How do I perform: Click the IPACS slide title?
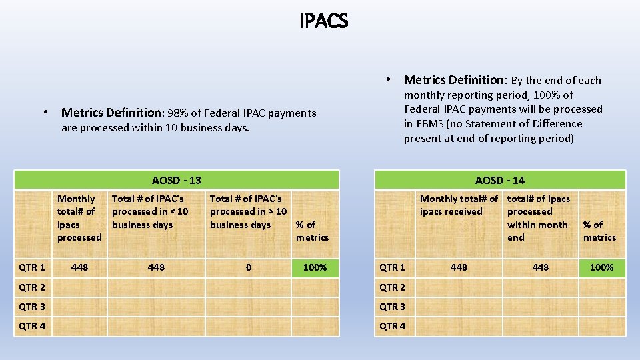pyautogui.click(x=323, y=21)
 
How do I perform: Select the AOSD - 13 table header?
pyautogui.click(x=177, y=180)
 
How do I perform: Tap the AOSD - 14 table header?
pyautogui.click(x=500, y=180)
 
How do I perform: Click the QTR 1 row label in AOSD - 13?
pyautogui.click(x=32, y=267)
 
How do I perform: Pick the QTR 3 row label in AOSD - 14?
pyautogui.click(x=392, y=307)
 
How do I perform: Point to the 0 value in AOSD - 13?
pyautogui.click(x=249, y=267)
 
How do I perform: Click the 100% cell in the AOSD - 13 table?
pyautogui.click(x=315, y=267)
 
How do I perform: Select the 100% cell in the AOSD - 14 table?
pyautogui.click(x=601, y=267)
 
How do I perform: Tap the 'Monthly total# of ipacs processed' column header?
pyautogui.click(x=79, y=218)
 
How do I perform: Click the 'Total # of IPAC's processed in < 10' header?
pyautogui.click(x=150, y=211)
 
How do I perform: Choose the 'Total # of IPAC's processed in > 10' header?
pyautogui.click(x=248, y=211)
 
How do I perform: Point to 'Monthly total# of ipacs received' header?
pyautogui.click(x=459, y=205)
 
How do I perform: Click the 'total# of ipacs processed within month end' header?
pyautogui.click(x=539, y=218)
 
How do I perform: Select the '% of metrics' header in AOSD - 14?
pyautogui.click(x=599, y=231)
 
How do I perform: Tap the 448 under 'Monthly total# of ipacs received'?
pyautogui.click(x=459, y=267)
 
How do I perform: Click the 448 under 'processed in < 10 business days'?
pyautogui.click(x=156, y=267)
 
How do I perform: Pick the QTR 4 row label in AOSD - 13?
pyautogui.click(x=32, y=326)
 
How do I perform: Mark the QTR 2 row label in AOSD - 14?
pyautogui.click(x=392, y=287)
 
